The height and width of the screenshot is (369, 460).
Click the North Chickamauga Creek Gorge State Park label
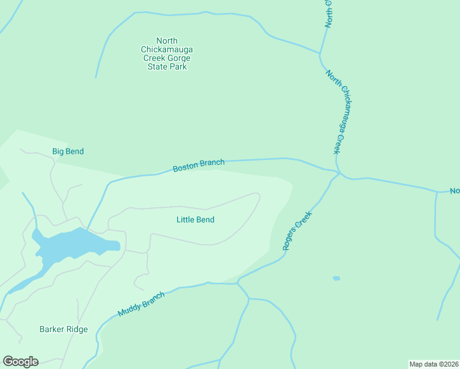pyautogui.click(x=167, y=54)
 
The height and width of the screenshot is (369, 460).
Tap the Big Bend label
pyautogui.click(x=68, y=151)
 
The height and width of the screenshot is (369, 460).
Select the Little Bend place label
pyautogui.click(x=195, y=220)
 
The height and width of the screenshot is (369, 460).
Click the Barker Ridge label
pyautogui.click(x=63, y=329)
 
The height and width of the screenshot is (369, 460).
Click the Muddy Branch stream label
pyautogui.click(x=141, y=304)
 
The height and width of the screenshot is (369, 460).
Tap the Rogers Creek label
pyautogui.click(x=298, y=231)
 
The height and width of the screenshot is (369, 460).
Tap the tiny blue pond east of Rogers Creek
pyautogui.click(x=336, y=279)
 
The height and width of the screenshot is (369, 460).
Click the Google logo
pyautogui.click(x=20, y=362)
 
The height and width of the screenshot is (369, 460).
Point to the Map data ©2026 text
pyautogui.click(x=434, y=364)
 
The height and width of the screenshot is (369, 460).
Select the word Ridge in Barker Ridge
pyautogui.click(x=76, y=329)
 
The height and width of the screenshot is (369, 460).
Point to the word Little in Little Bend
pyautogui.click(x=186, y=220)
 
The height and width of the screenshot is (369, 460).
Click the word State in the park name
pyautogui.click(x=158, y=66)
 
